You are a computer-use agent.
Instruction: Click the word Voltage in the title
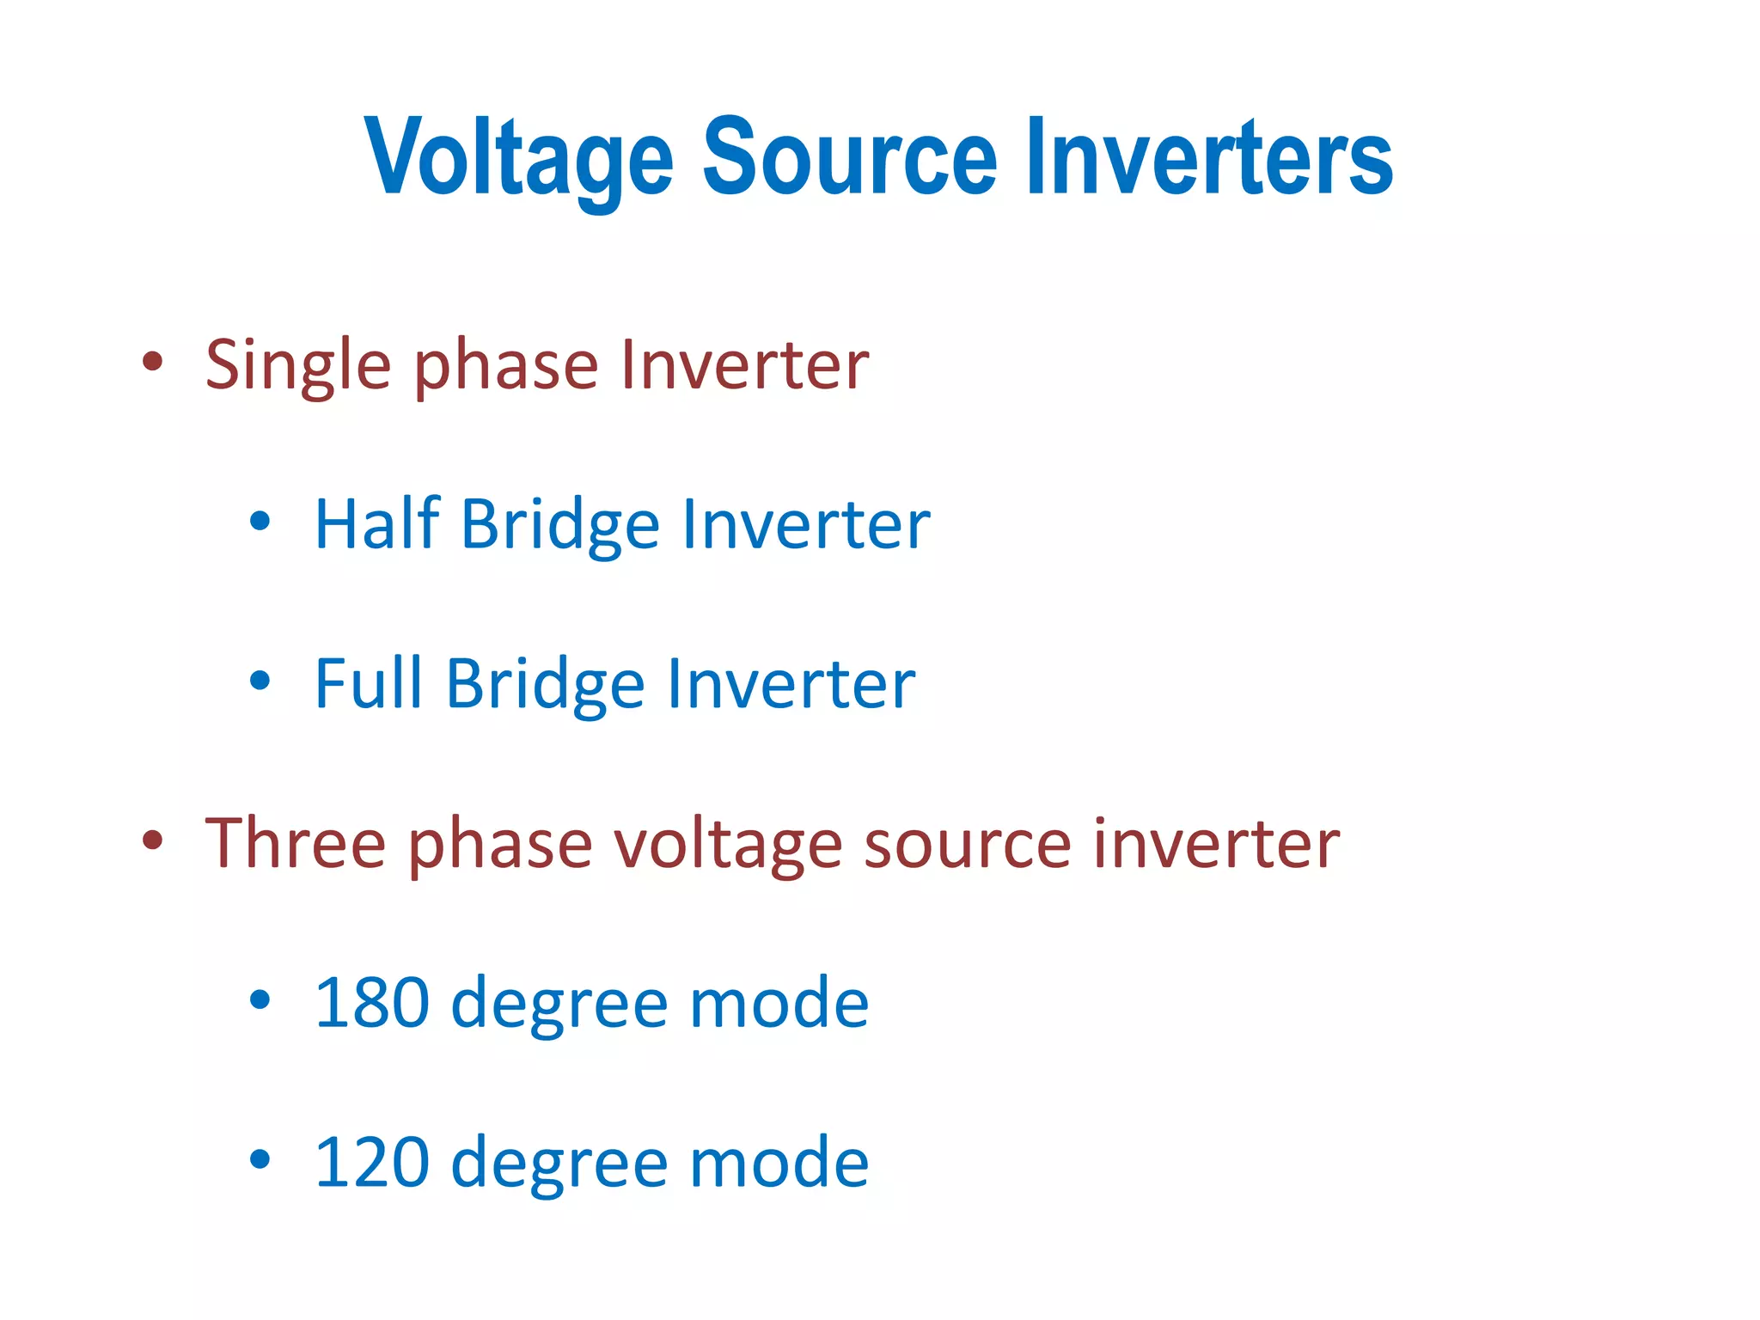[x=518, y=159]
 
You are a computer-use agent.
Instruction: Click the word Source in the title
[x=850, y=157]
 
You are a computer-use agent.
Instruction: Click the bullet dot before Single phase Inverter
[x=152, y=362]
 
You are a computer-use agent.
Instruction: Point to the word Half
[x=377, y=523]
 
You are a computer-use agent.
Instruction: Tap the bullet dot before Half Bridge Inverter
[x=260, y=521]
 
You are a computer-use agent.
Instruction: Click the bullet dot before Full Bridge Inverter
[x=260, y=681]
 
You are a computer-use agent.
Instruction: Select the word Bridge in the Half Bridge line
[x=560, y=526]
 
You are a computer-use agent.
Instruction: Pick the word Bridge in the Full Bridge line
[x=545, y=686]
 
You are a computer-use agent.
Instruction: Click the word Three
[x=295, y=843]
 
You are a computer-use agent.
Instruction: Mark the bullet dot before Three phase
[x=152, y=840]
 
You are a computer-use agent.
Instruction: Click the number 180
[x=371, y=1002]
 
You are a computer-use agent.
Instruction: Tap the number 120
[x=371, y=1162]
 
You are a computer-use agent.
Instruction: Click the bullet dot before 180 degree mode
[x=260, y=999]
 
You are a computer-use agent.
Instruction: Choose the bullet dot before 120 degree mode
[x=260, y=1159]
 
